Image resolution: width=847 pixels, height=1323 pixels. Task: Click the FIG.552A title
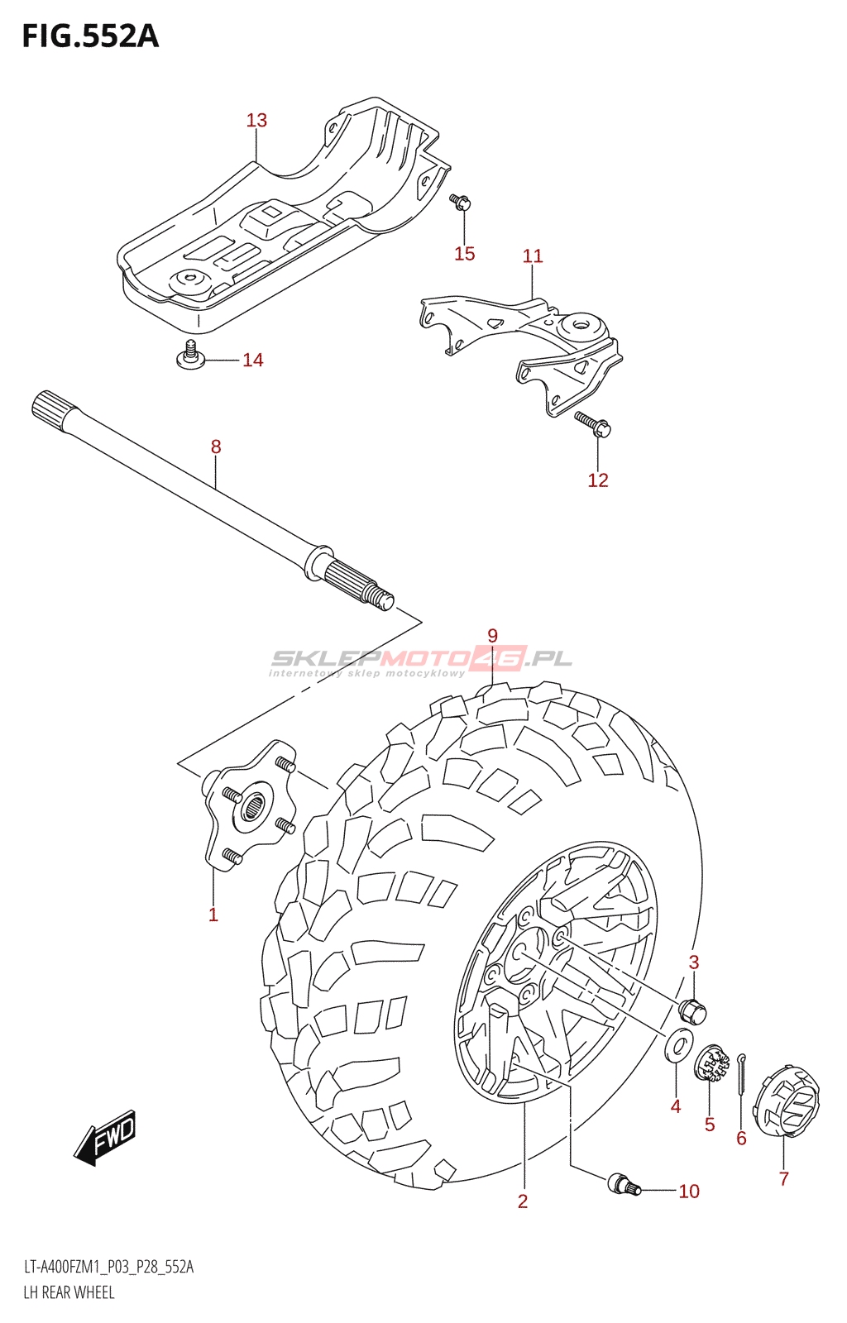click(90, 36)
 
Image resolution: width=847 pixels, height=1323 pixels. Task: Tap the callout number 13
click(256, 121)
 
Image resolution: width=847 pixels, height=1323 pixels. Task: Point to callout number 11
click(533, 256)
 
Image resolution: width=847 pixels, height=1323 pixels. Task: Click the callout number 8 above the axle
click(216, 447)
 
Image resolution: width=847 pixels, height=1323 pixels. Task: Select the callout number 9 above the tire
click(492, 636)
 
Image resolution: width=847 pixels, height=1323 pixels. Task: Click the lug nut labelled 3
click(691, 1010)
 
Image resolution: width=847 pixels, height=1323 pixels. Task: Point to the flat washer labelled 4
click(678, 1045)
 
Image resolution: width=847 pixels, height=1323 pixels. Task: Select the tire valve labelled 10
click(623, 1184)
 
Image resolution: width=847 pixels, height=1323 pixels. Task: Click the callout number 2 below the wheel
click(523, 1201)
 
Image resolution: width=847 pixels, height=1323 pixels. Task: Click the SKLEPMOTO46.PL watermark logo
click(421, 659)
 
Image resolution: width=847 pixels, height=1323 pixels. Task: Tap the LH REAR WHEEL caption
click(69, 1292)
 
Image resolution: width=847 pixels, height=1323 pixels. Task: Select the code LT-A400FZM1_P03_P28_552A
click(108, 1267)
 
